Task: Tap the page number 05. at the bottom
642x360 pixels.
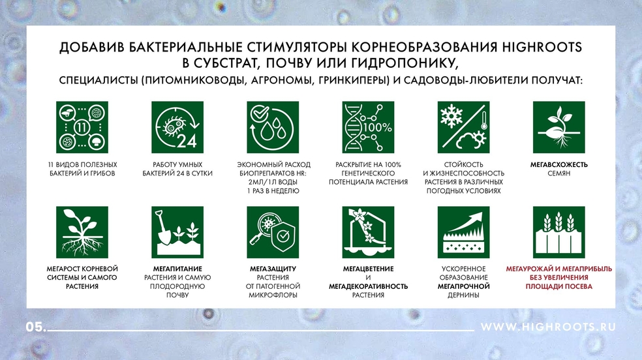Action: pos(36,327)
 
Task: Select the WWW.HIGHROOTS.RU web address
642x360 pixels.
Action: pos(548,327)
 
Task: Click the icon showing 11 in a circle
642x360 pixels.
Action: pos(82,127)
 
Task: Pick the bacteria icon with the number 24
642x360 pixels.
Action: pos(177,127)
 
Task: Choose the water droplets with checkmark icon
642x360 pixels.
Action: pos(273,127)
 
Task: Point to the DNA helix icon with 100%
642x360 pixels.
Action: pos(368,127)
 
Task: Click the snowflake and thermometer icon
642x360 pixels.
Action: pos(463,127)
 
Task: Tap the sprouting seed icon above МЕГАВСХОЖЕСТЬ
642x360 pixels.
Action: pos(559,127)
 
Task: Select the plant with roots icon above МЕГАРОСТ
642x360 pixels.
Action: pos(82,232)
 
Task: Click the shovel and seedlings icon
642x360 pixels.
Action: pos(177,232)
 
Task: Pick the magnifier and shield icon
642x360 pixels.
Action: pos(273,232)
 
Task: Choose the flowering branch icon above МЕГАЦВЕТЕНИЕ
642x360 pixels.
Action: pos(368,232)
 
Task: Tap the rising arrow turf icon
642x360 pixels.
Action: pos(463,232)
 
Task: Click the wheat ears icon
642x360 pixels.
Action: pos(559,232)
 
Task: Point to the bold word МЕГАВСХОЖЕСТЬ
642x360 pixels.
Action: pos(559,165)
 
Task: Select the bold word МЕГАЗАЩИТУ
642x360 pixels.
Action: pos(273,269)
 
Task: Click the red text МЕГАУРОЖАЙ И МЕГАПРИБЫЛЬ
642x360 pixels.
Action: pos(559,269)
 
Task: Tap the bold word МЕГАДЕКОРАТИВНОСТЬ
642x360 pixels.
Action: pos(368,286)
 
